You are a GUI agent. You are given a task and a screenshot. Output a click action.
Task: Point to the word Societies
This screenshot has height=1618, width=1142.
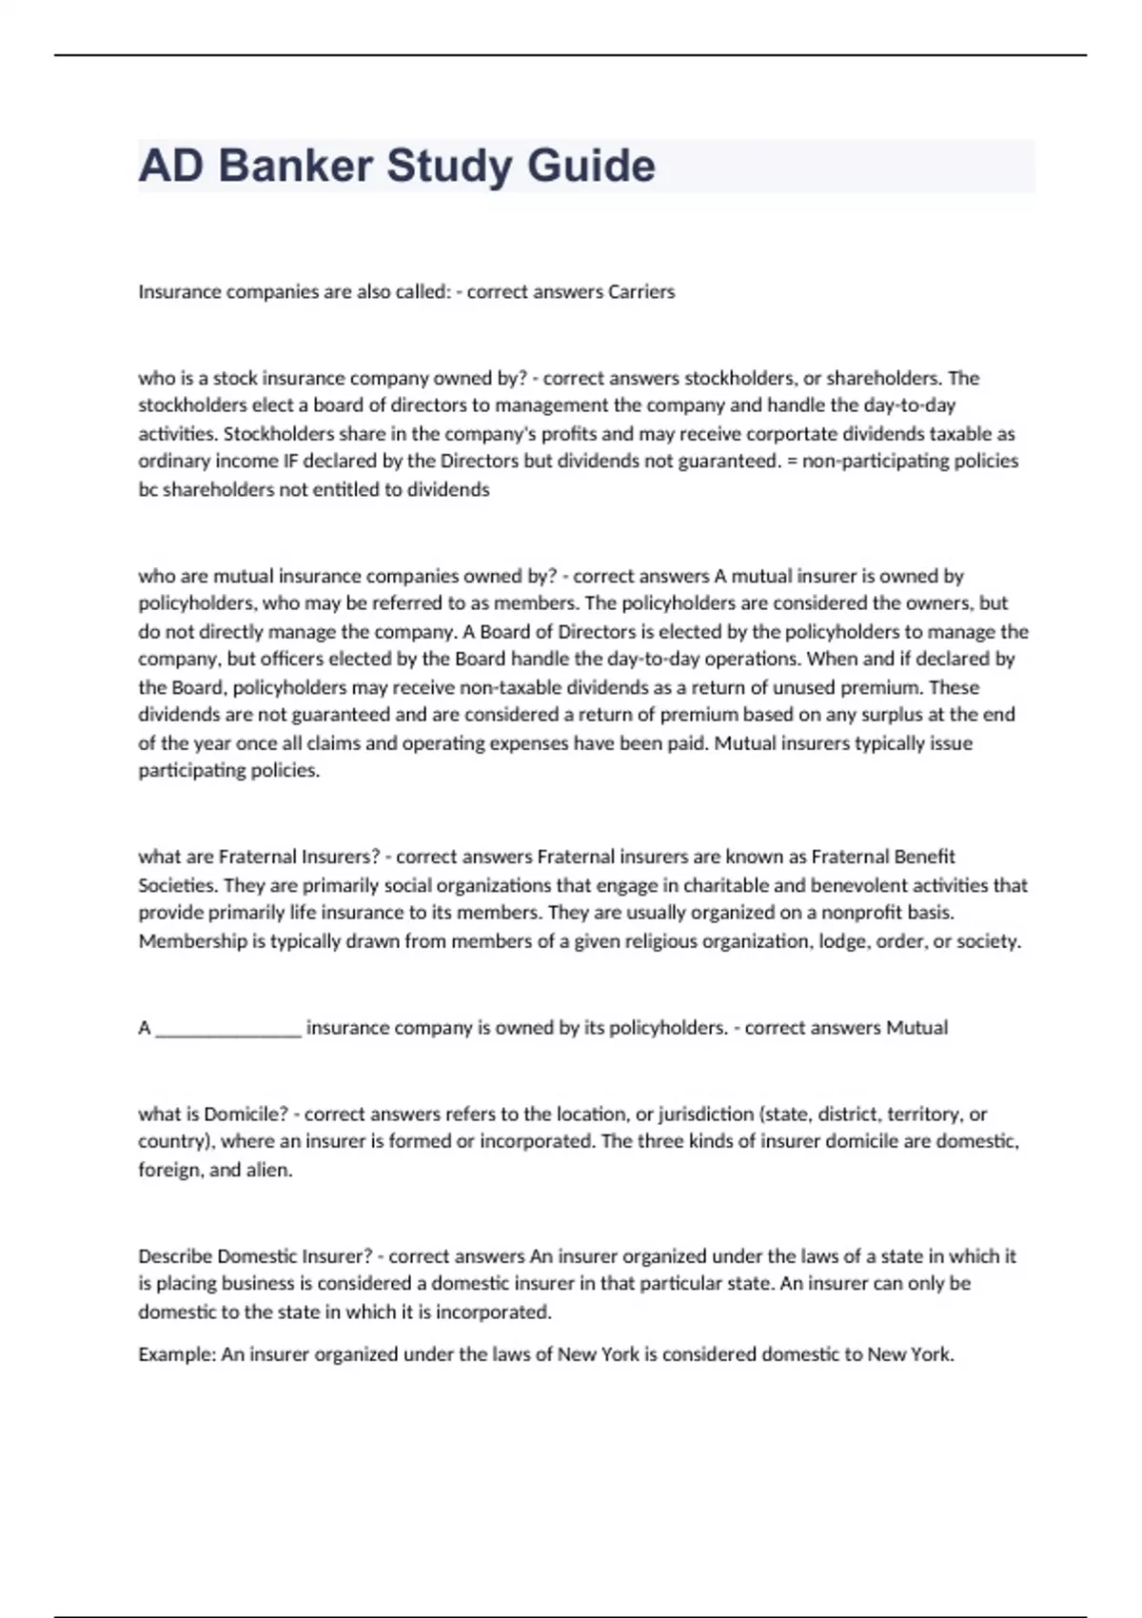click(x=177, y=885)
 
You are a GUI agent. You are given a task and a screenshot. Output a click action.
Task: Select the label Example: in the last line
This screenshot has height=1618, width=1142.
click(x=177, y=1354)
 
